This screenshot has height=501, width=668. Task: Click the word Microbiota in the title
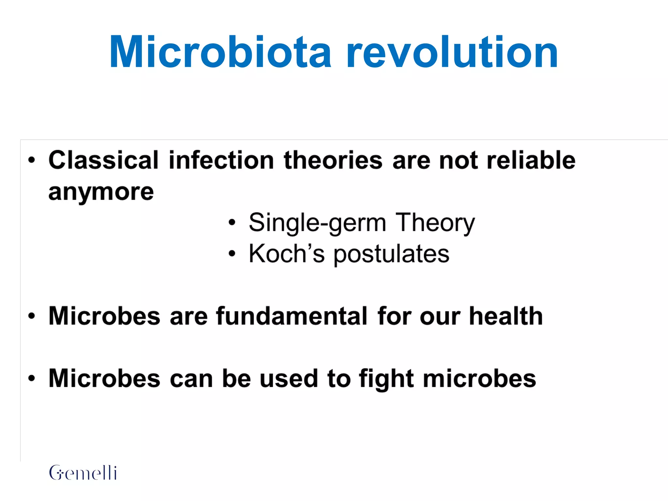[x=220, y=52]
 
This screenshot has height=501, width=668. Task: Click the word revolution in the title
[x=452, y=52]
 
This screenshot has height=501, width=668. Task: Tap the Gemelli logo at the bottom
[x=83, y=473]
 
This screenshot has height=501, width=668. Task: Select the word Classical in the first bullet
[x=103, y=160]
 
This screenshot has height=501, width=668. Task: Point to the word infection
[x=221, y=160]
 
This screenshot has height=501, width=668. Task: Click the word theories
[x=333, y=160]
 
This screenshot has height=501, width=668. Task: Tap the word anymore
[x=101, y=192]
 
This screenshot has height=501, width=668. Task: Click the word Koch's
[x=287, y=254]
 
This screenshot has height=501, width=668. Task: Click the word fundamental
[x=292, y=316]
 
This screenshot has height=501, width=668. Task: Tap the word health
[x=506, y=316]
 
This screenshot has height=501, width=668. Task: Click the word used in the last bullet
[x=289, y=379]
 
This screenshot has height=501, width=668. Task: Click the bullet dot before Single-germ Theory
[x=232, y=222]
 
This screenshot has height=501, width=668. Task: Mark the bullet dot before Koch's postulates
[x=232, y=253]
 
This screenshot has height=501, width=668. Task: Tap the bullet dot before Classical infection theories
[x=31, y=160]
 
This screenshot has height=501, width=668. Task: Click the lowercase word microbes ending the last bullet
[x=479, y=379]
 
